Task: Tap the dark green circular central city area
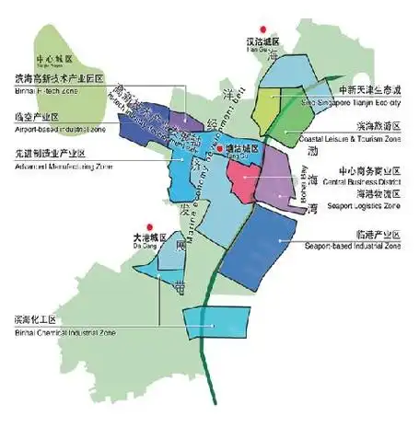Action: point(55,51)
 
